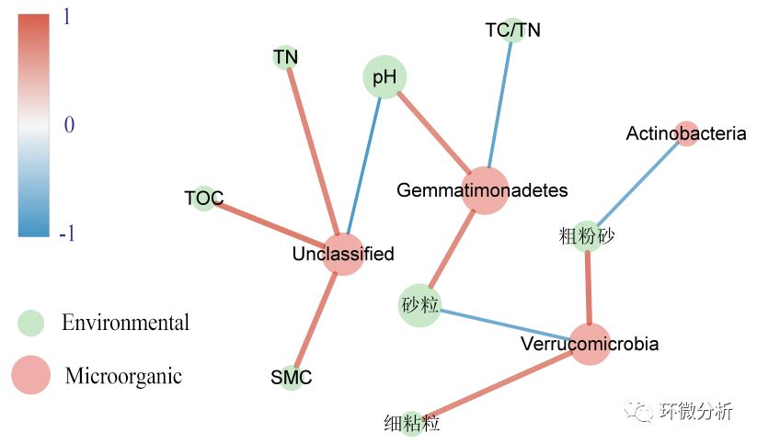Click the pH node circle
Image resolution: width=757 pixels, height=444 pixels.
tap(384, 78)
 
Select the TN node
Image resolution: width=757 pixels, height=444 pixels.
tap(286, 57)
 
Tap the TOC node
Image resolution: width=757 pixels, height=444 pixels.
tap(204, 198)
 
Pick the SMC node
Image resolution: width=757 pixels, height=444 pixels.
tap(292, 377)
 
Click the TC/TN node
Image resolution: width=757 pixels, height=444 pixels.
tap(512, 30)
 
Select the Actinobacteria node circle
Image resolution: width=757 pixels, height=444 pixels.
tap(686, 133)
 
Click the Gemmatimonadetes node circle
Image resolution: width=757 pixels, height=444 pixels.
tap(484, 190)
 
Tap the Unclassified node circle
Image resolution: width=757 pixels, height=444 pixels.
tap(342, 254)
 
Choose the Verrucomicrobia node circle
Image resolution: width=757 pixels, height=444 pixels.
tap(590, 345)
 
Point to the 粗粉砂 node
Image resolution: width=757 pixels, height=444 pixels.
tap(587, 236)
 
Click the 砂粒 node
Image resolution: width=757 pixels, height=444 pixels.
tap(420, 304)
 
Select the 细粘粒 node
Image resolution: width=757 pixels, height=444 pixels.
tap(411, 424)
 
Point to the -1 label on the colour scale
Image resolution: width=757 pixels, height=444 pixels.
tap(66, 234)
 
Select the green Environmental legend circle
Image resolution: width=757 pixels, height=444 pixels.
tap(31, 323)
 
